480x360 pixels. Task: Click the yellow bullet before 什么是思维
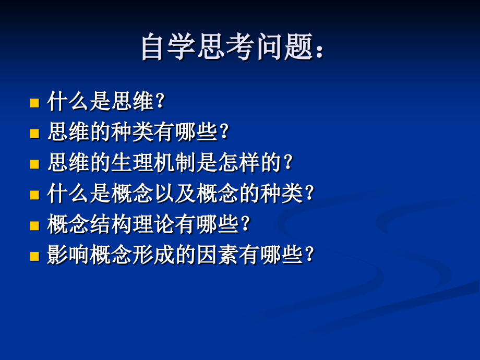pyautogui.click(x=34, y=102)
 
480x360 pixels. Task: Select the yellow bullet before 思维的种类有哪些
pyautogui.click(x=34, y=133)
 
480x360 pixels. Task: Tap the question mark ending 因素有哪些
pyautogui.click(x=309, y=255)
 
